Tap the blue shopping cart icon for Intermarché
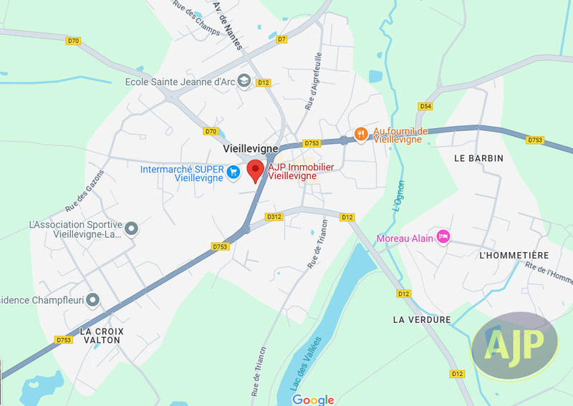point(233,172)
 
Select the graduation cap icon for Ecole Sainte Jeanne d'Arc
point(244,80)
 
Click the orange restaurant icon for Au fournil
point(361,133)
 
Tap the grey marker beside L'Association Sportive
point(131,228)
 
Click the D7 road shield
point(281,39)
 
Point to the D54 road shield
point(426,106)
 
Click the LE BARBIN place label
point(479,158)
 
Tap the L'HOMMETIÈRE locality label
point(514,256)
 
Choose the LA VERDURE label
point(422,319)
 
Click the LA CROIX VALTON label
point(101,336)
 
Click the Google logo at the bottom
point(313,400)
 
